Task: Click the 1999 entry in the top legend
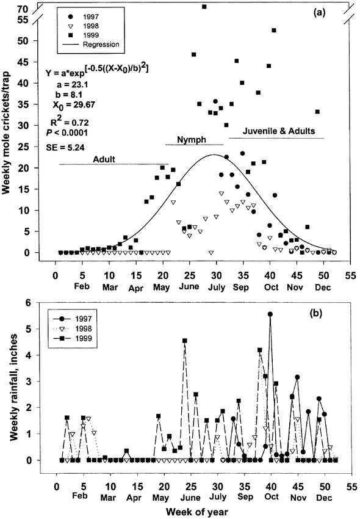85,35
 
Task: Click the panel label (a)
319,13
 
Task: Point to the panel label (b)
315,313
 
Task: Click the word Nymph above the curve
192,140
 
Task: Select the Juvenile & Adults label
279,131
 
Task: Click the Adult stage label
104,159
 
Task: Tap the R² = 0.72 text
70,122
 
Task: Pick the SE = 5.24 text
65,147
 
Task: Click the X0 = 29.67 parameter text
74,105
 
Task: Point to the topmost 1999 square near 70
204,7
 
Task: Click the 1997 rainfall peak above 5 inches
270,314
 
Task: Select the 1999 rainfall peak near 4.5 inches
185,341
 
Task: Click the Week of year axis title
197,512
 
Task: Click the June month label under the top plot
189,286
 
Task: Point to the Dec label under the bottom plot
324,498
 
